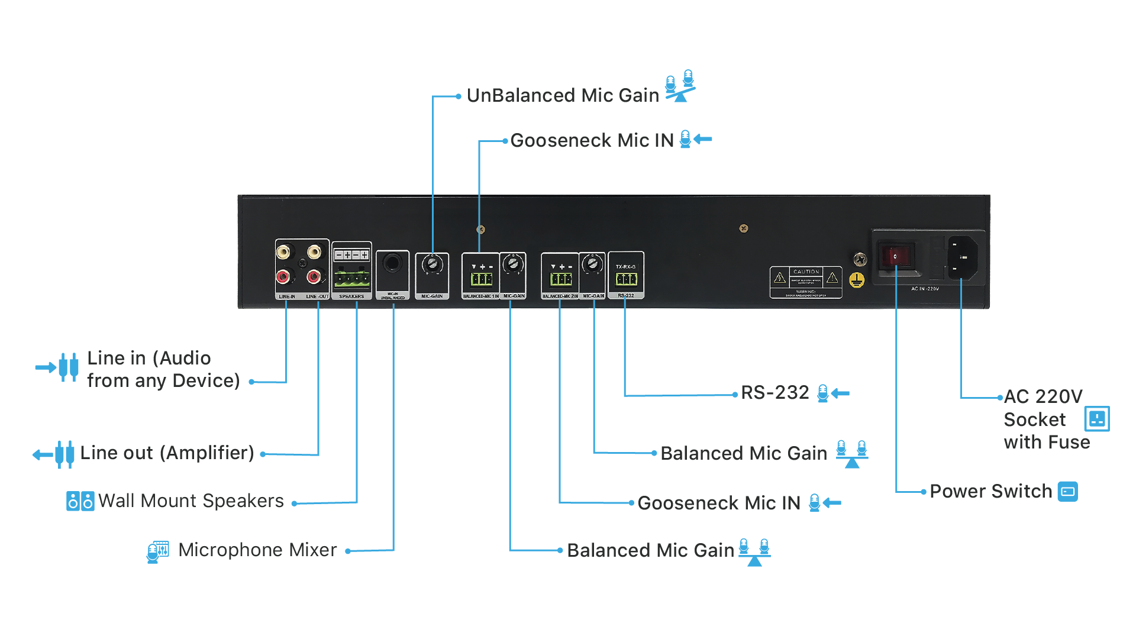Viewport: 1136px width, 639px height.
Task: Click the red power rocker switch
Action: point(895,256)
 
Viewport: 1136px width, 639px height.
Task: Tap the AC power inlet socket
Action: point(963,257)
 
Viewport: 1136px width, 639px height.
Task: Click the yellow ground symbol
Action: point(857,280)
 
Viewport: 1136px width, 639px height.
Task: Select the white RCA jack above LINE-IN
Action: point(284,252)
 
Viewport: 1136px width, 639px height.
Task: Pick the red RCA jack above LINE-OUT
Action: point(314,276)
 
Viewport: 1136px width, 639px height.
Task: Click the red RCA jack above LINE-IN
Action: point(284,276)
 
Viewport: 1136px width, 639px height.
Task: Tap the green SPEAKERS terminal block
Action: point(351,278)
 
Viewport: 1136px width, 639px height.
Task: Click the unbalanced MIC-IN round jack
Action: point(392,263)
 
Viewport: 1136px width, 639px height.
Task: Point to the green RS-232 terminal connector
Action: point(626,279)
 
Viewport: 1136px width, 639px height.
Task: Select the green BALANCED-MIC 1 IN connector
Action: point(482,279)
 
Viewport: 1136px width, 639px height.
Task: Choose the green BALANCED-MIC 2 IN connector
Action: point(560,279)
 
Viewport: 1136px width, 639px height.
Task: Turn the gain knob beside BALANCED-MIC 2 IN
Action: point(592,264)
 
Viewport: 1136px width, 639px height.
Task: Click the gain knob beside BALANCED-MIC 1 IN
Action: point(512,264)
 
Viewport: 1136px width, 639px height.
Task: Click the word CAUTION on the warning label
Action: point(806,272)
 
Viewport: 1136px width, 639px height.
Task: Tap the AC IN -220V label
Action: point(925,289)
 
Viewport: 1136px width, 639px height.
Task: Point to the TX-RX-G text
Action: point(625,267)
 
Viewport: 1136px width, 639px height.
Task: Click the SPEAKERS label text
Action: point(351,296)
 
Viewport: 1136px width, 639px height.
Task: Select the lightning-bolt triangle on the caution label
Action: point(780,277)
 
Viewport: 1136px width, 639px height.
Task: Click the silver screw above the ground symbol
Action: point(860,259)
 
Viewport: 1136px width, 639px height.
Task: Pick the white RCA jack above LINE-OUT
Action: point(314,252)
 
